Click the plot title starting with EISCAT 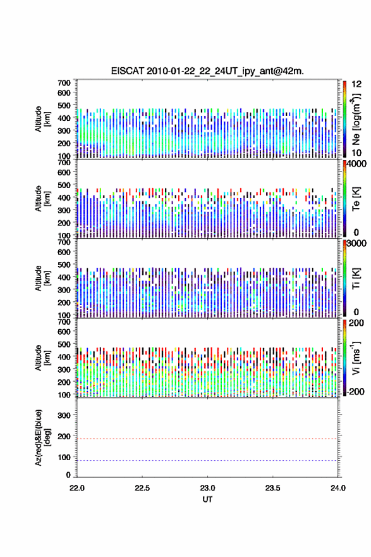tap(207, 71)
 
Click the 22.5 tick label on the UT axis tap(142, 488)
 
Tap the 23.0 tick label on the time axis tap(207, 488)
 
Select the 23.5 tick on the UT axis tap(272, 488)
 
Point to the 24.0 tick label tap(338, 488)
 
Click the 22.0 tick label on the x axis tap(77, 488)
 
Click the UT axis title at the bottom tap(207, 499)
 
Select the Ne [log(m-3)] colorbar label tap(356, 120)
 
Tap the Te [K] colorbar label tap(356, 199)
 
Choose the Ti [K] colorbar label tap(356, 278)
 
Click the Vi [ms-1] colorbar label tap(356, 358)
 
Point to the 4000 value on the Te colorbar tap(356, 164)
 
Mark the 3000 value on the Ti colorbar tap(356, 243)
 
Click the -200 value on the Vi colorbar tap(355, 391)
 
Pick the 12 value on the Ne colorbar tap(356, 84)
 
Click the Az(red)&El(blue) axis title tap(42, 437)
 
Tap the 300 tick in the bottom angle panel tap(64, 415)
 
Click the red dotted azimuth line tap(207, 439)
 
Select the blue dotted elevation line tap(207, 460)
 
